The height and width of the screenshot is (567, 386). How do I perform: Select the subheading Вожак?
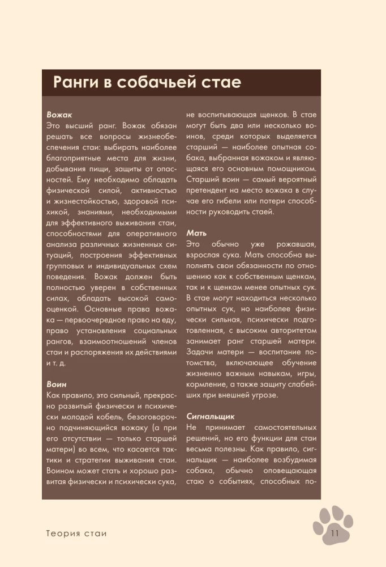tap(59, 114)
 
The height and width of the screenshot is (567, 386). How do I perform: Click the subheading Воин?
tap(57, 384)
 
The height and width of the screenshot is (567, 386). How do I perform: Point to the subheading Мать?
tap(196, 233)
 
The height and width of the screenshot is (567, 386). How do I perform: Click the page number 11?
tap(333, 532)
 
